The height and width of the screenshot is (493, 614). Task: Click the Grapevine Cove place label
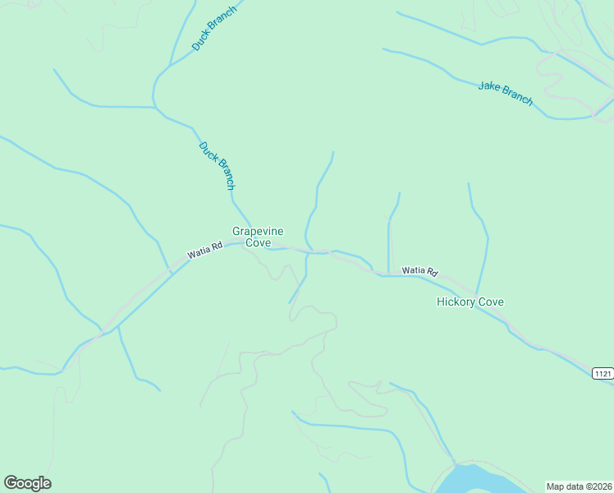258,237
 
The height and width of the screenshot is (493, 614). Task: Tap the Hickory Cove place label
470,302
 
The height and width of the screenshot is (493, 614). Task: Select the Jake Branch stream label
506,93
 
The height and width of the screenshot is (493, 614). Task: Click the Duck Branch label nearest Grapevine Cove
218,165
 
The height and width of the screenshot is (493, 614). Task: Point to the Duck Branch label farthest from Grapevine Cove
214,29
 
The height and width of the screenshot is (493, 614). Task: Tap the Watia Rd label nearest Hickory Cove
419,271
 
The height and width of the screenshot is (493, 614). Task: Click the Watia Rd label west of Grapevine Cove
205,250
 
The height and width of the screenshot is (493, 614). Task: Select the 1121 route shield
603,373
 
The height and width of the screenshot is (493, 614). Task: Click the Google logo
27,483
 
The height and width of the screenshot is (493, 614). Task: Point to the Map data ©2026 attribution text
579,486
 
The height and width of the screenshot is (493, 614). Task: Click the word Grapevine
258,232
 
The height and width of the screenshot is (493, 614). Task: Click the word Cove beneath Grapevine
258,242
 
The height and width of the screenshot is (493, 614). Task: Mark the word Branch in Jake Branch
517,97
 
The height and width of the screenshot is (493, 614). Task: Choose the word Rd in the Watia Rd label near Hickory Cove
432,271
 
